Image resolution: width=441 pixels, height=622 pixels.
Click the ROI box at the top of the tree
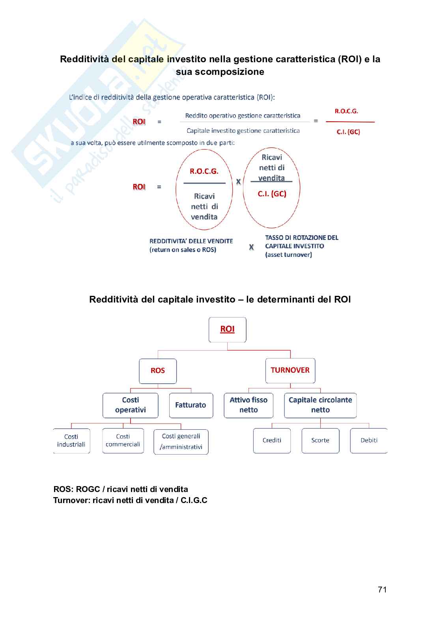click(x=227, y=329)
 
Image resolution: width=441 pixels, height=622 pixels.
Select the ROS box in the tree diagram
click(x=158, y=371)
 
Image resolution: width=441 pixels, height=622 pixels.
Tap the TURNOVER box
click(x=290, y=370)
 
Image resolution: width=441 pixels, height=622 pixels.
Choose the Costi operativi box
click(x=131, y=405)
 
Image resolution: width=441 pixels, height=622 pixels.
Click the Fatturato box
click(x=191, y=405)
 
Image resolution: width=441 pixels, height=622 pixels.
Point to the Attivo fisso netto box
click(x=249, y=405)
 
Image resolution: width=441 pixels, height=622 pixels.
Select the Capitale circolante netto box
click(x=320, y=405)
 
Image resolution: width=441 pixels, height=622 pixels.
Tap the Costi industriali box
click(x=71, y=441)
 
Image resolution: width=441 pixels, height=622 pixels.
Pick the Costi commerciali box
click(x=123, y=441)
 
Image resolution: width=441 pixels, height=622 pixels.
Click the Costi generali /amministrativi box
click(x=181, y=442)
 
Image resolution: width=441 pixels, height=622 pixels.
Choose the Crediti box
click(x=272, y=440)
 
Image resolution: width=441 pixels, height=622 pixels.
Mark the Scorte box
click(x=320, y=440)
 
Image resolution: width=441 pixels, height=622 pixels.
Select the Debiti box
click(x=369, y=440)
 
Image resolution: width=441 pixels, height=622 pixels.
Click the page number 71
click(x=382, y=590)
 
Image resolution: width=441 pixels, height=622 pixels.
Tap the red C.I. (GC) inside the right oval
click(x=272, y=194)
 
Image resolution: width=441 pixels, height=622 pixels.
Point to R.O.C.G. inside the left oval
click(x=204, y=171)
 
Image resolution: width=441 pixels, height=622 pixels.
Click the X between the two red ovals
click(x=238, y=182)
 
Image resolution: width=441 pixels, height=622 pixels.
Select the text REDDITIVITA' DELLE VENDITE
click(x=191, y=241)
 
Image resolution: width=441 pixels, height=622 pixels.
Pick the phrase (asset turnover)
click(x=288, y=255)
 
